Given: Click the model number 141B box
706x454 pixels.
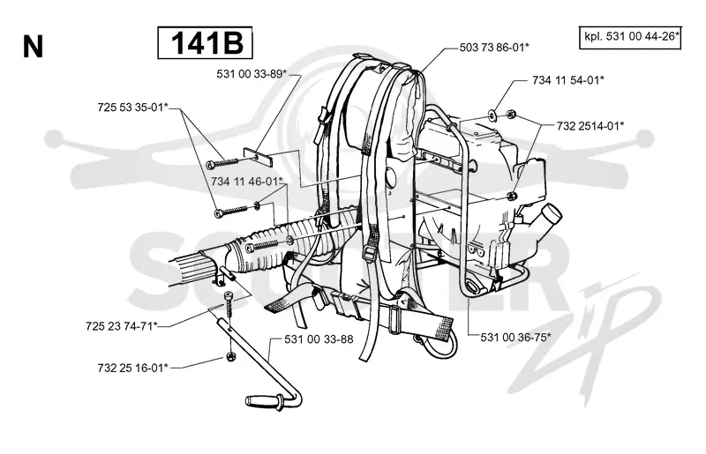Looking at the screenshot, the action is coord(205,42).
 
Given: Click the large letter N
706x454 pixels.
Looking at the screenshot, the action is coord(33,47).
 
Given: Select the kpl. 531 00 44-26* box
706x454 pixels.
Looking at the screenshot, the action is coord(630,37).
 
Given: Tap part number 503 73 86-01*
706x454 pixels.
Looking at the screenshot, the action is coord(494,48).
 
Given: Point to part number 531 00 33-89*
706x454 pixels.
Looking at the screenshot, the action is coord(252,74).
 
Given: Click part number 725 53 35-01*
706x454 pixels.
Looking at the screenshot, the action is coord(133,108).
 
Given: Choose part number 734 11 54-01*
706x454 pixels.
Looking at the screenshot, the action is coord(568,80).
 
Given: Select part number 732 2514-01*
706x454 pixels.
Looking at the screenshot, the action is coord(590,126).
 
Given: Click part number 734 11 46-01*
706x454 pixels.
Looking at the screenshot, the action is coord(247,182).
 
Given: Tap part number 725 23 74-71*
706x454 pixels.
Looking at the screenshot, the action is coord(122,326).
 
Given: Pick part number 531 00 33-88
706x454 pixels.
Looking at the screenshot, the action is coord(319,339).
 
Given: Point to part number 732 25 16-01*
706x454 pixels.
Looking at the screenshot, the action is coord(133,368).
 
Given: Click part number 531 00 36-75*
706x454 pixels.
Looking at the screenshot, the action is coord(516,337).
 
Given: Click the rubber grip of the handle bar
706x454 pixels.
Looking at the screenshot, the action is coord(262,400).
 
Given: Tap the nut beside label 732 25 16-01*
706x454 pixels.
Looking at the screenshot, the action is coord(230,357).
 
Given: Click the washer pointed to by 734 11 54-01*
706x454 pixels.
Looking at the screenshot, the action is coord(493,113).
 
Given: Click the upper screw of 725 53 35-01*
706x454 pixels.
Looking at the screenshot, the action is coord(223,162).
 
